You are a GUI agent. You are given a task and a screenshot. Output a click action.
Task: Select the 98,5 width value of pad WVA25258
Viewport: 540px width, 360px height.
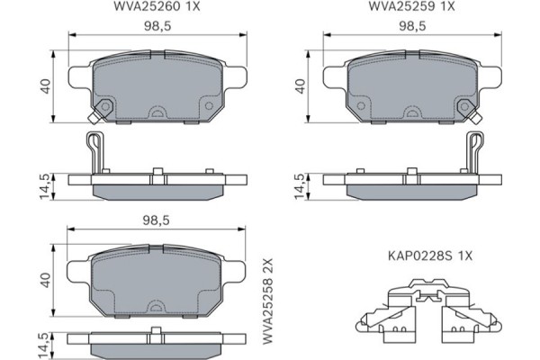pyautogui.click(x=158, y=220)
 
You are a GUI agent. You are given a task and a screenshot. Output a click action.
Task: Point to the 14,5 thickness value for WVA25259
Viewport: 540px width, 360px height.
pyautogui.click(x=300, y=186)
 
